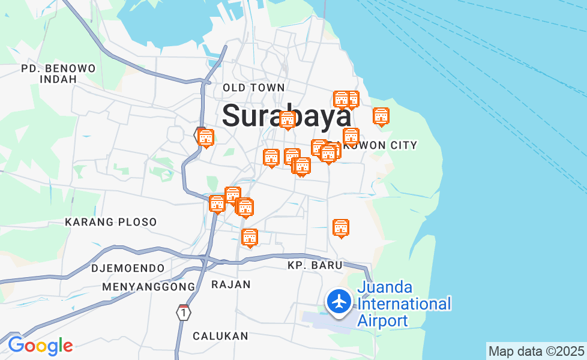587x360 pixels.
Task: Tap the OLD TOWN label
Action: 253,88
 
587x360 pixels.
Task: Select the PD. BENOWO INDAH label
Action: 58,73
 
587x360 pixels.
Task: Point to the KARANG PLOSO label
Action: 111,222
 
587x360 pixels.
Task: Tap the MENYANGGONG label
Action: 149,287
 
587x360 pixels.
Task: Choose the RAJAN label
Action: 231,284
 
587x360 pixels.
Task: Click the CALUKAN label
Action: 220,336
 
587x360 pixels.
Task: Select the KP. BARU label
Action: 315,265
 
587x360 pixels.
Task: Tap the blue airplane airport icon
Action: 340,301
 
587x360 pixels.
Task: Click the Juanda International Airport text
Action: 403,304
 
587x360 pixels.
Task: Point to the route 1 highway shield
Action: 183,313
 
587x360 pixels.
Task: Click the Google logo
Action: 40,346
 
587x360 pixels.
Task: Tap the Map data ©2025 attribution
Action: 536,351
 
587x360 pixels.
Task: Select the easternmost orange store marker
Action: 381,116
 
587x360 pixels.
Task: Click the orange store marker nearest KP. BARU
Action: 341,228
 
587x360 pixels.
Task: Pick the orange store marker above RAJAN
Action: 249,238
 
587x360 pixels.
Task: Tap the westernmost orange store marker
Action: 206,138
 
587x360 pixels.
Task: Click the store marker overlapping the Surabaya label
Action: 287,120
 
